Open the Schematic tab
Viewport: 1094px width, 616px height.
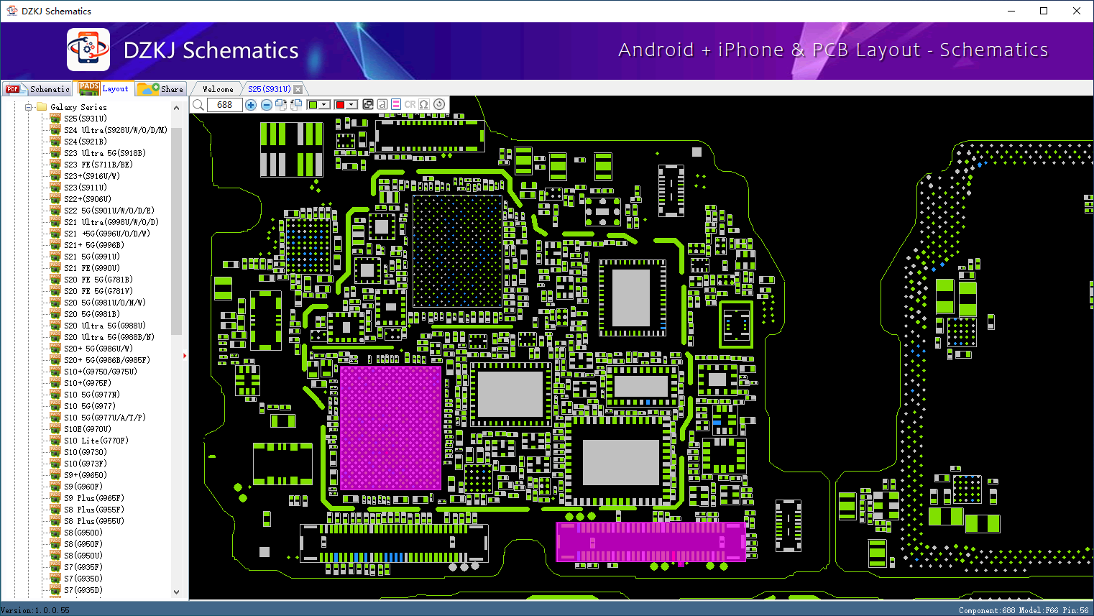tap(37, 89)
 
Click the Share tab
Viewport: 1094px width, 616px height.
tap(161, 89)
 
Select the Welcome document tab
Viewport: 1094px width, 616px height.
tap(218, 89)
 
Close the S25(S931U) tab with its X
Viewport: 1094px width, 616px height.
tap(298, 89)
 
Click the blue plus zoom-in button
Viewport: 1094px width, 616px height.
tap(251, 104)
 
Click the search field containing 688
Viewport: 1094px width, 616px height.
tap(225, 104)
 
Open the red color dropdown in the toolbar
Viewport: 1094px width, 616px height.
tap(351, 104)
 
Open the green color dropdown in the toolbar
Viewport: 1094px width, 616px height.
tap(323, 104)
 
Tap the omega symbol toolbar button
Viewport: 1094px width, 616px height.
tap(424, 104)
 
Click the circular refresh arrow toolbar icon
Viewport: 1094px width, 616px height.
tap(439, 104)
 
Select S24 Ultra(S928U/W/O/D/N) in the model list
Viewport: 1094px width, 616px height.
tap(116, 130)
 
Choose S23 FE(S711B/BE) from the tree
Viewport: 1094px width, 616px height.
tap(98, 165)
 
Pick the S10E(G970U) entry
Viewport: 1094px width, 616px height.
tap(88, 429)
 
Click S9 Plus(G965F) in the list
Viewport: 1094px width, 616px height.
tap(93, 498)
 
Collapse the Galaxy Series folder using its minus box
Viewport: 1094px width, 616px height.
tap(28, 107)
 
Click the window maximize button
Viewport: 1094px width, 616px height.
tap(1044, 11)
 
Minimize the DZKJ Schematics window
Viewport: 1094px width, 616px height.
tap(1011, 11)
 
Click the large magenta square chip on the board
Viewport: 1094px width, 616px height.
tap(390, 428)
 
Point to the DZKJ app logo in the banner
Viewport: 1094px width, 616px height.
tap(88, 50)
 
